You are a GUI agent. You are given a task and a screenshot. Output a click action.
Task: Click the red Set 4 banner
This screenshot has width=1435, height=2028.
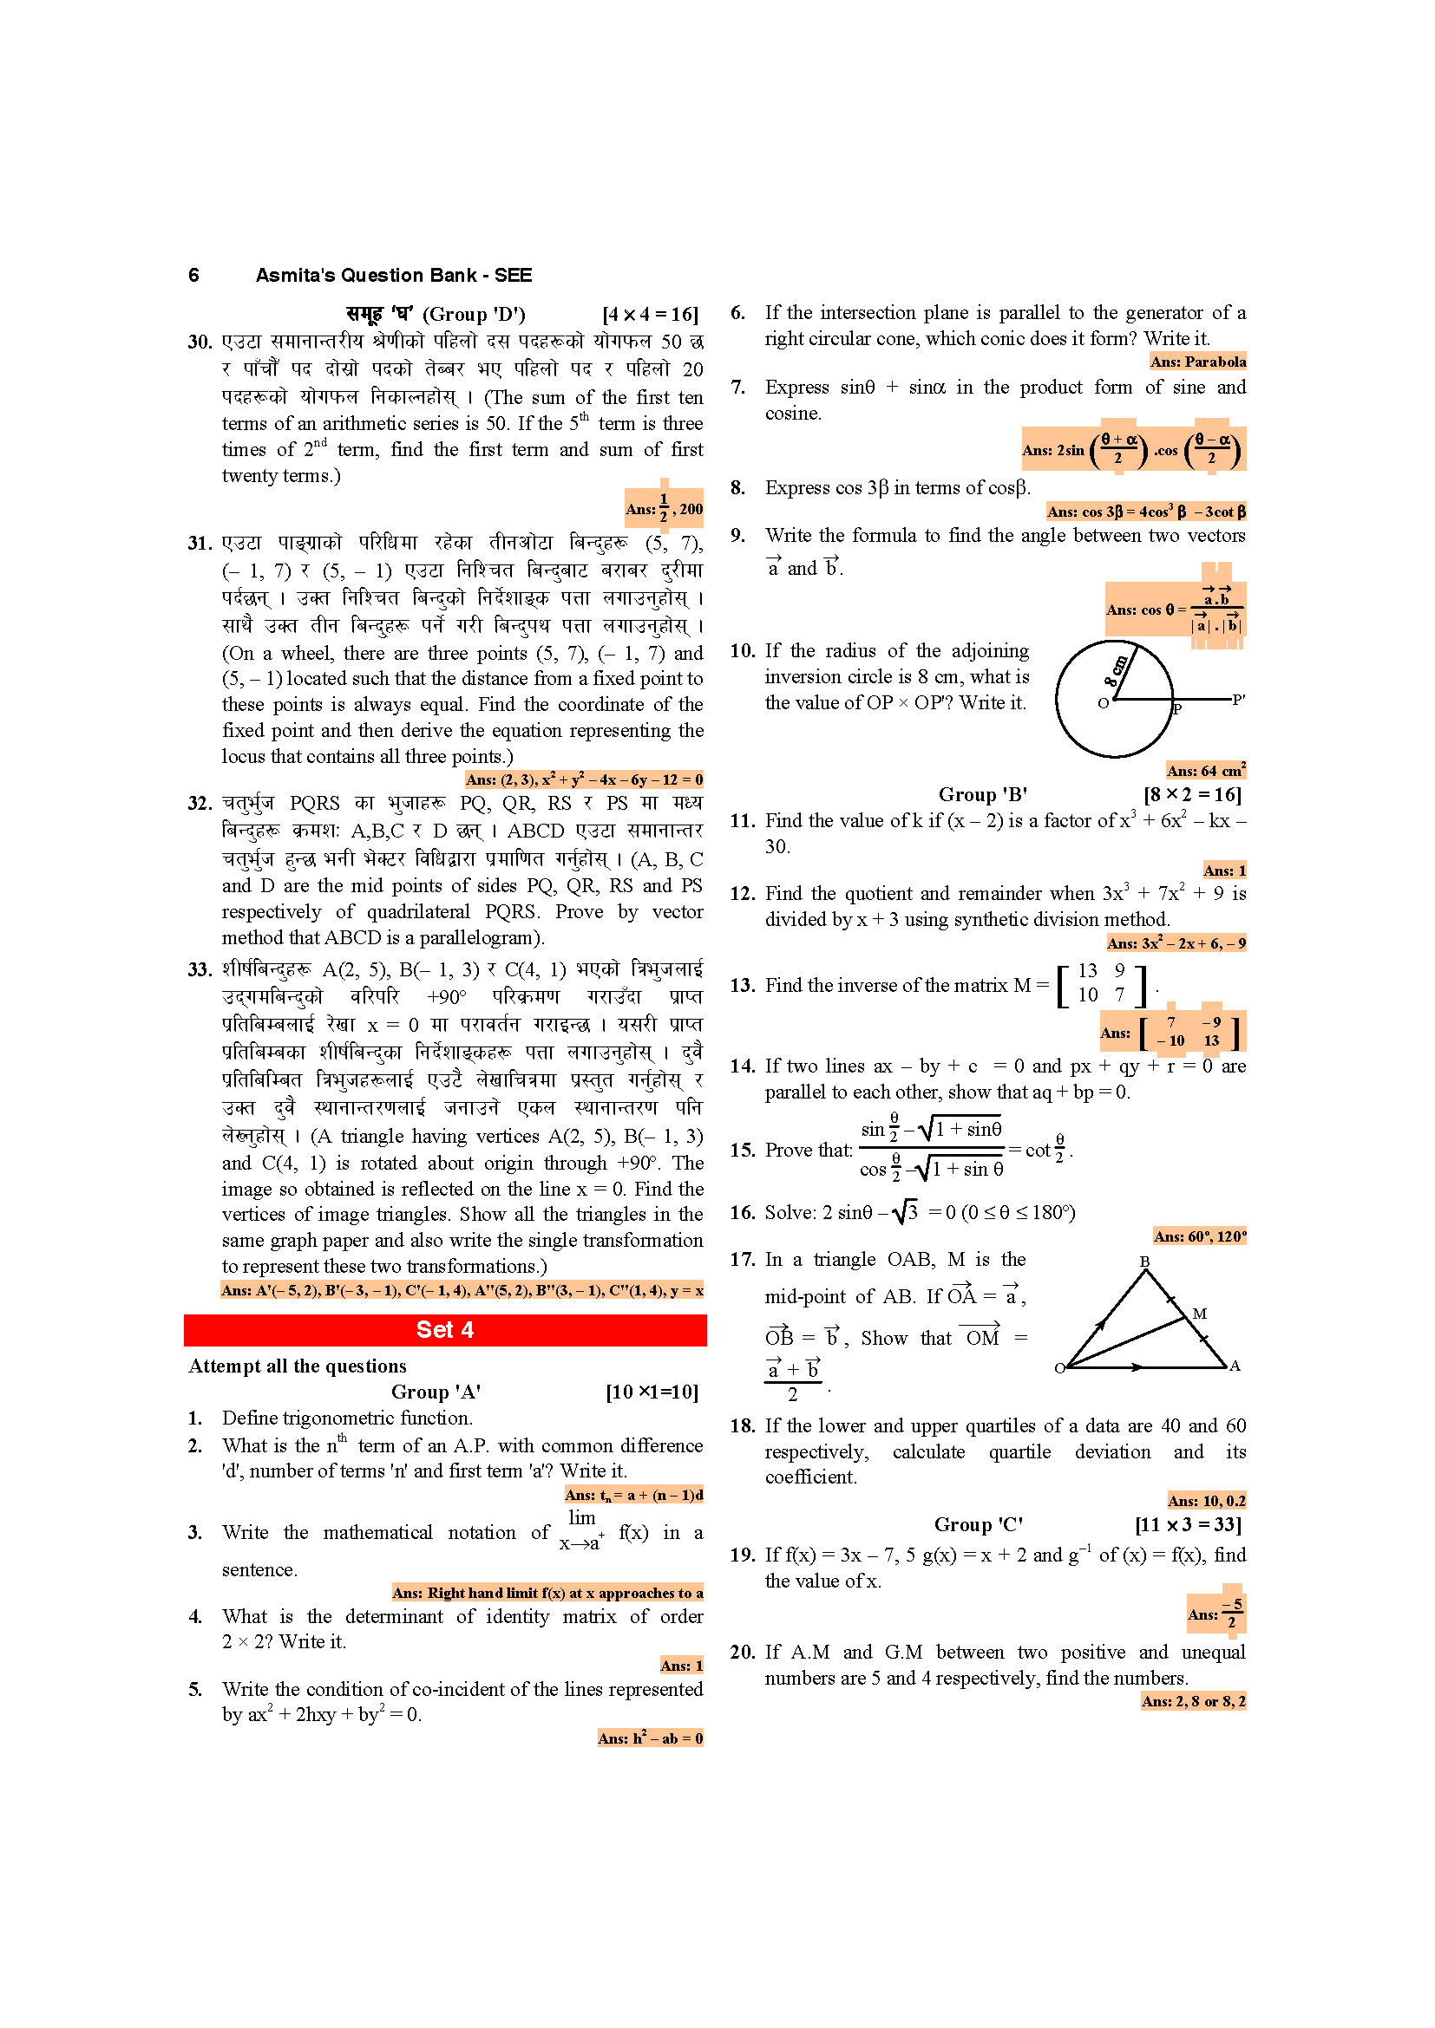[444, 1330]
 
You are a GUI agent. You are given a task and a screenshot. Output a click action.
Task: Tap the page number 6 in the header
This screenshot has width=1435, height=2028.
[193, 276]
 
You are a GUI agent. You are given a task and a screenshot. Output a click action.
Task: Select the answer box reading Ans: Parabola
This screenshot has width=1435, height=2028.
[1197, 362]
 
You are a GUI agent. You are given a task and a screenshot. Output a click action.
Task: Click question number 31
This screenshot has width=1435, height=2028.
[200, 544]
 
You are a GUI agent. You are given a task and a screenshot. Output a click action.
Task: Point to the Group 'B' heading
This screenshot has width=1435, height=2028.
[983, 794]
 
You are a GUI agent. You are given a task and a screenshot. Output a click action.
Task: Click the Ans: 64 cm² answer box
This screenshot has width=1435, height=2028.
[1205, 770]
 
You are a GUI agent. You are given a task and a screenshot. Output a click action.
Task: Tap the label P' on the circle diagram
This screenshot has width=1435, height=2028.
[1238, 700]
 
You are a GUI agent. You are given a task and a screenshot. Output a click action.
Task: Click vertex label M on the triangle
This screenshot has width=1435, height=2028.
[1199, 1314]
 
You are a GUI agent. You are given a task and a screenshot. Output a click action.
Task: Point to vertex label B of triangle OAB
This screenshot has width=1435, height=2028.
[1144, 1262]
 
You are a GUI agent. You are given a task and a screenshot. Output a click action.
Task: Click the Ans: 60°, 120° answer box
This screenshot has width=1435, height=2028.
[1199, 1236]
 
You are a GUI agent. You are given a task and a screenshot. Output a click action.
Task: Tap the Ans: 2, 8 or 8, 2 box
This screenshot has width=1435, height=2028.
[1193, 1701]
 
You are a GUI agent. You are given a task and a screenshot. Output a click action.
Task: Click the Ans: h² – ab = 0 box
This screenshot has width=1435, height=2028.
[651, 1738]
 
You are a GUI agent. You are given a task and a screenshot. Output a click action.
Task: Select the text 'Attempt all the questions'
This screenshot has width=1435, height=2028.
[297, 1366]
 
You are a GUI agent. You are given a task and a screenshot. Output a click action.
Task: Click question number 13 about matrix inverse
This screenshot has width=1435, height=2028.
[741, 985]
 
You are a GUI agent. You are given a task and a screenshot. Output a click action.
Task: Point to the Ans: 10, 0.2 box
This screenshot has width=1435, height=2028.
[1206, 1501]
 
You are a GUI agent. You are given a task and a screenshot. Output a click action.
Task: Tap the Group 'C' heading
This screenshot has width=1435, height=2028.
[978, 1524]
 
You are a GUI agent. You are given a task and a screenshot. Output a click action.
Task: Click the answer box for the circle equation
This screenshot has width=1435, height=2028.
[584, 779]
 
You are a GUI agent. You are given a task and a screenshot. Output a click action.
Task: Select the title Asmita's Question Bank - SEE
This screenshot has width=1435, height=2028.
[393, 276]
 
